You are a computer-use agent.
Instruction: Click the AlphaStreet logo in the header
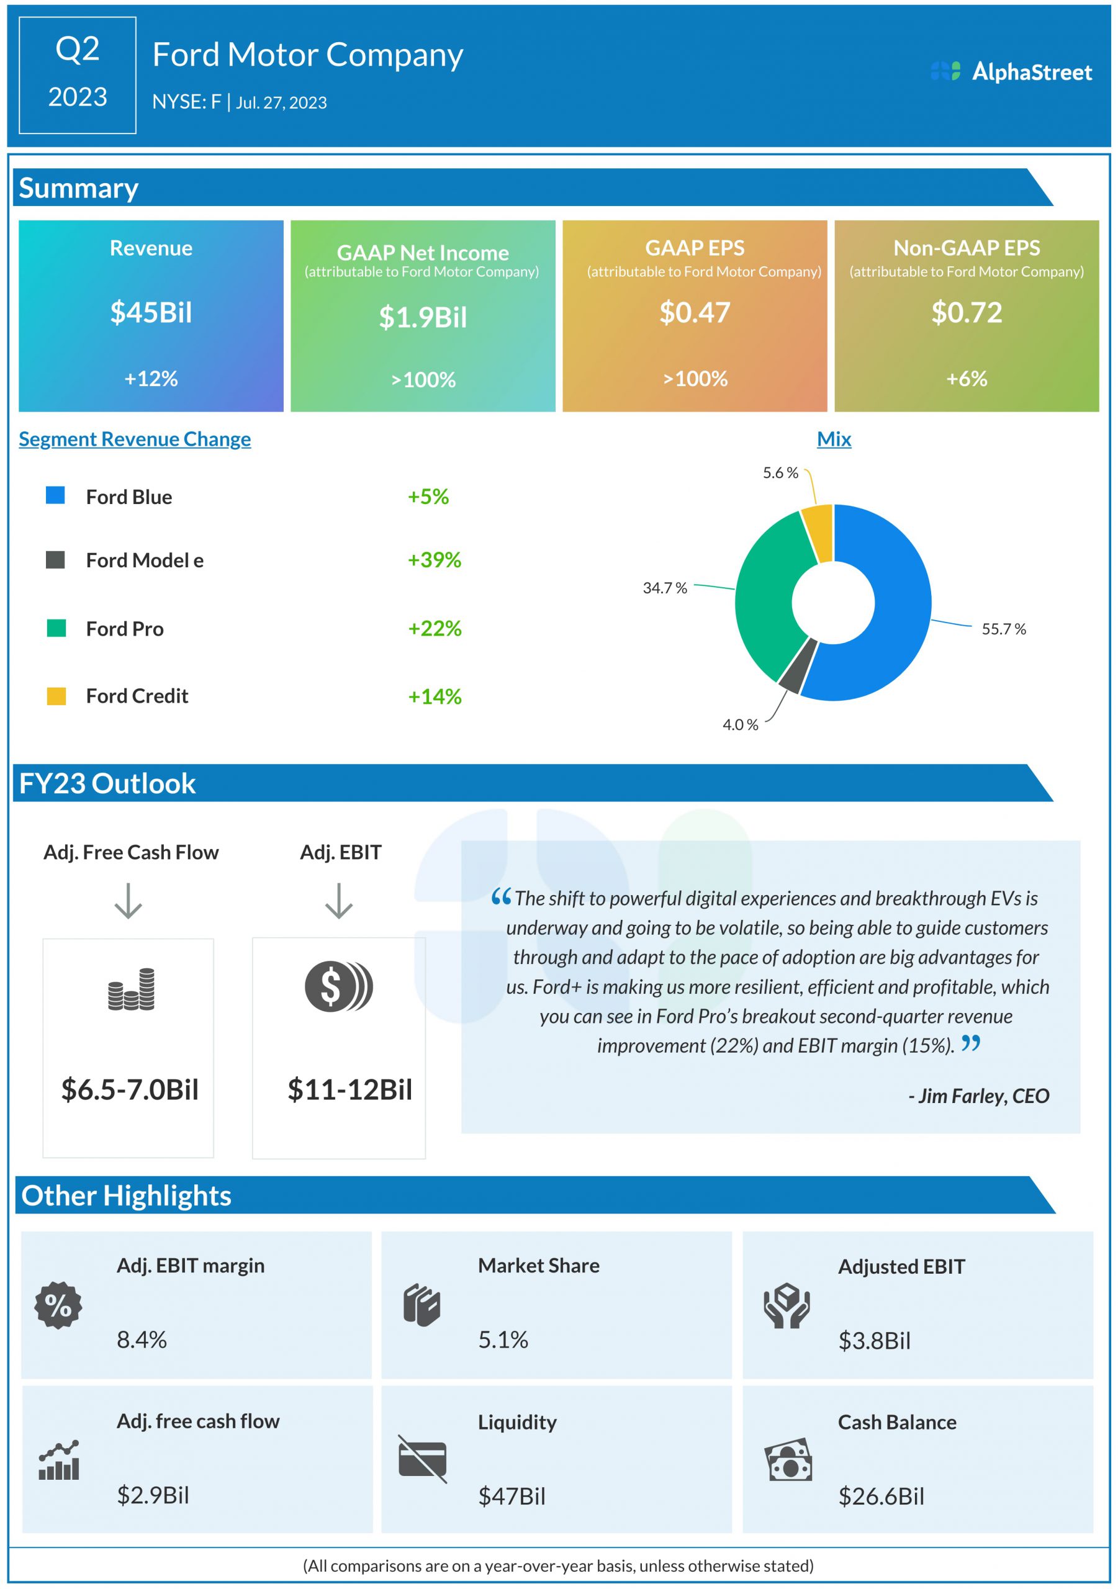coord(1011,71)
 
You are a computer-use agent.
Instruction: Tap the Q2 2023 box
coord(78,74)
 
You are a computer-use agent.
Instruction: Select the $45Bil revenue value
coord(151,313)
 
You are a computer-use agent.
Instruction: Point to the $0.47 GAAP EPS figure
coord(695,313)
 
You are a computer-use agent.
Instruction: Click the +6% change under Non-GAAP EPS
coord(967,379)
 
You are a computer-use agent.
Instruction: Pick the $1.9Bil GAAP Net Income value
coord(422,318)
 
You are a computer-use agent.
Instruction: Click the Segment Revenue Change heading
coord(134,439)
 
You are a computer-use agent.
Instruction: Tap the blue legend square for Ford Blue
coord(55,495)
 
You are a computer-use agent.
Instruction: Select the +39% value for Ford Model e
coord(434,559)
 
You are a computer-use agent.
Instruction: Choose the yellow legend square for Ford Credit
coord(56,696)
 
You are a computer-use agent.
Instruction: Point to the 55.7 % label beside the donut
coord(1003,629)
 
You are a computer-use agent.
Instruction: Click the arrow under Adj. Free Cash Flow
coord(128,901)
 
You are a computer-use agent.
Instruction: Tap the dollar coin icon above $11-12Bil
coord(338,986)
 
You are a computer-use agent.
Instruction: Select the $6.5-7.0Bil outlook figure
coord(130,1090)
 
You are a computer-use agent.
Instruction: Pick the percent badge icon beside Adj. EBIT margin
coord(58,1305)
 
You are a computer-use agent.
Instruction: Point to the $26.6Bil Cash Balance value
coord(880,1497)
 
